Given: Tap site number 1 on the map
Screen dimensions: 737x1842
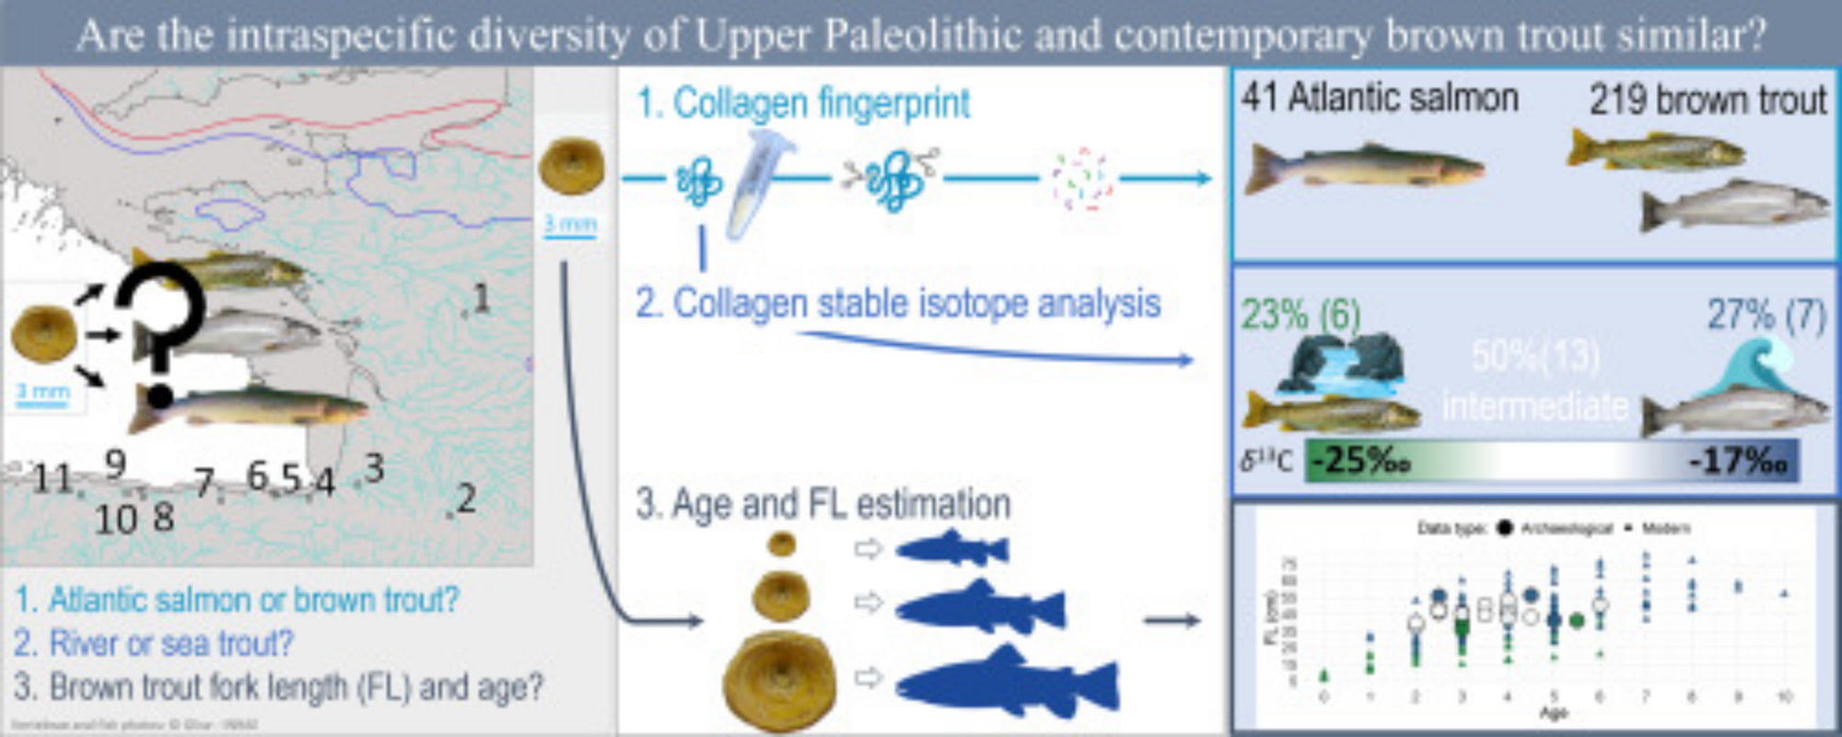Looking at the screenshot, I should click(480, 298).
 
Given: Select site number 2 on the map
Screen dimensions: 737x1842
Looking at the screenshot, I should click(466, 498).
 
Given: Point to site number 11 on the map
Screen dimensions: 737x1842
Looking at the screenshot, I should click(52, 478).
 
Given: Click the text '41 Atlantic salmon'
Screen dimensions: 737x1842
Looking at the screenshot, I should click(1379, 98).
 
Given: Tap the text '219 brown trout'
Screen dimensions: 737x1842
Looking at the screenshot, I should click(1707, 99).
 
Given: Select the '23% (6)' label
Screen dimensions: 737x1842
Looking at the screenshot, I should click(1300, 315).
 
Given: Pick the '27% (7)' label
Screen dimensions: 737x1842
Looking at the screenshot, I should click(1766, 315).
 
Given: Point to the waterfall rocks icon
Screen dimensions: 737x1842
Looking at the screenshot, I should click(1340, 364).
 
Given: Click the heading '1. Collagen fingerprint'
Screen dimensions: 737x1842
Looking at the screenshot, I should click(803, 103).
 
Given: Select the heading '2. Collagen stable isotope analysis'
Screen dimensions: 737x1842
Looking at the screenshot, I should click(898, 303).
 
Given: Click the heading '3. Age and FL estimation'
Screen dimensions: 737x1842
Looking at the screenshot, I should click(822, 504).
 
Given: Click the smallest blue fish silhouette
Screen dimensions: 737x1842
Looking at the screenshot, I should click(953, 549).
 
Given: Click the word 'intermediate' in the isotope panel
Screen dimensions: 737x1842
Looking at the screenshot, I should click(1535, 406).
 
